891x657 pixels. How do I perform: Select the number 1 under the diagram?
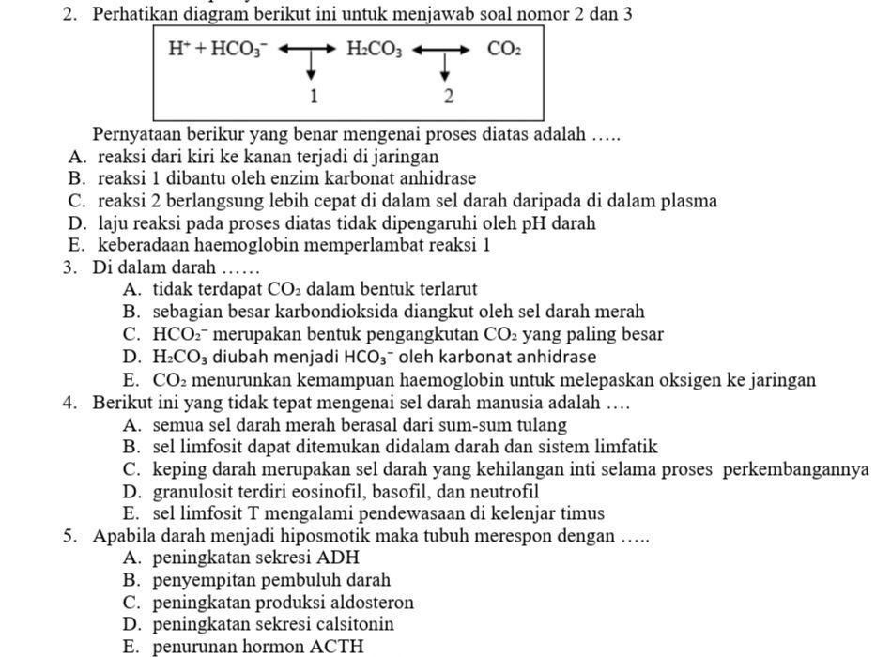tap(314, 96)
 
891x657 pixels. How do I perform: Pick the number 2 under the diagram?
tap(449, 96)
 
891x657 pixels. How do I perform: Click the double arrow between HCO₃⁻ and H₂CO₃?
tap(306, 49)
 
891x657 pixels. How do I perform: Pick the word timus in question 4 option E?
tap(582, 513)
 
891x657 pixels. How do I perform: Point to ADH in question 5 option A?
tap(341, 558)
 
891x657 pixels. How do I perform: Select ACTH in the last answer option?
tap(341, 647)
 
